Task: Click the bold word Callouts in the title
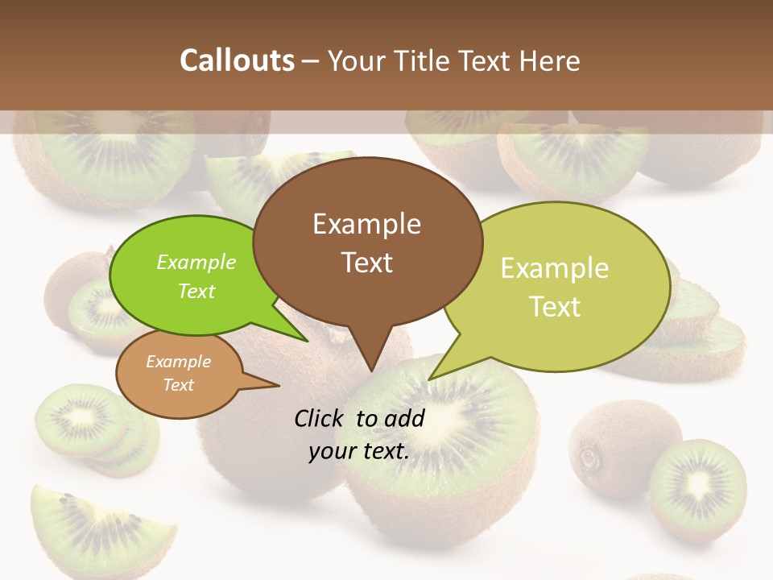click(237, 60)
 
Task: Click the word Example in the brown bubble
click(366, 224)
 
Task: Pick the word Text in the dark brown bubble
click(366, 263)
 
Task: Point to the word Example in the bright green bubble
click(196, 263)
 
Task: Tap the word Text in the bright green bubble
click(196, 292)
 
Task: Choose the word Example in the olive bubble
click(555, 268)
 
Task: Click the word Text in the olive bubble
click(555, 307)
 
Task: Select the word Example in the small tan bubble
click(178, 362)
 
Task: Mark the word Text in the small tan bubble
click(178, 385)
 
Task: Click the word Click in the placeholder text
click(322, 418)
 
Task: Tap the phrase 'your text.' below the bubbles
click(358, 451)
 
